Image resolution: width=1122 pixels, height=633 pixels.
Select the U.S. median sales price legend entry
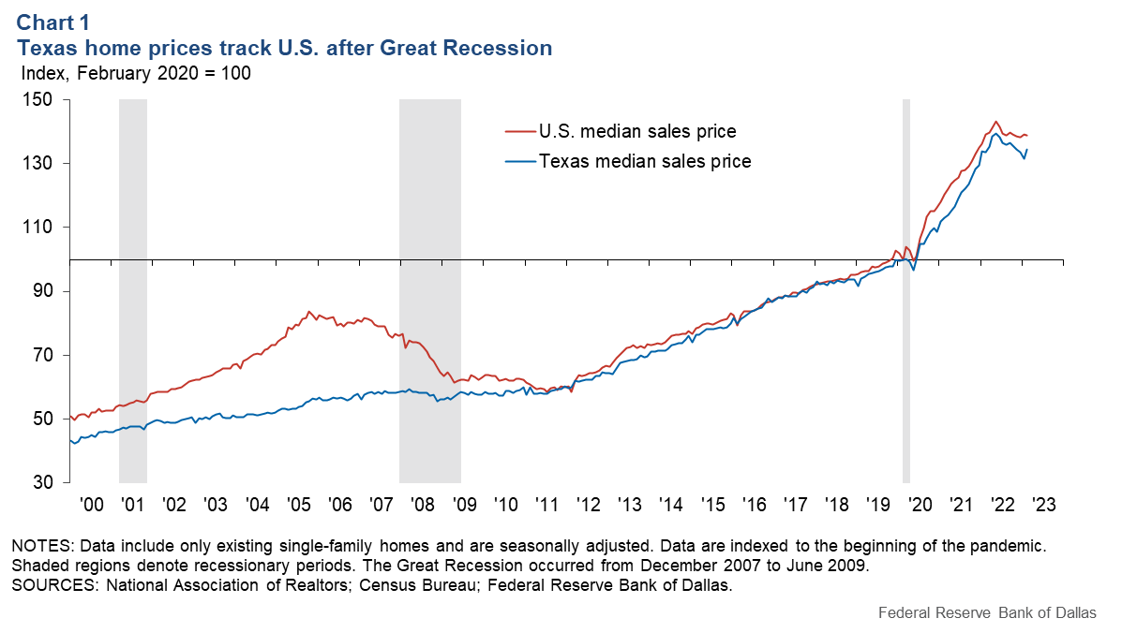click(x=636, y=131)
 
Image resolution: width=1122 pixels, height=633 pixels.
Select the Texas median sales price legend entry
click(x=644, y=161)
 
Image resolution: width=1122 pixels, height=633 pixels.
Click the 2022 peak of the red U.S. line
click(x=995, y=121)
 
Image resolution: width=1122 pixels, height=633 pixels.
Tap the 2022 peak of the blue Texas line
click(x=995, y=134)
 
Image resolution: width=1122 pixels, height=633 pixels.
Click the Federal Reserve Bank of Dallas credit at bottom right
click(x=987, y=614)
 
